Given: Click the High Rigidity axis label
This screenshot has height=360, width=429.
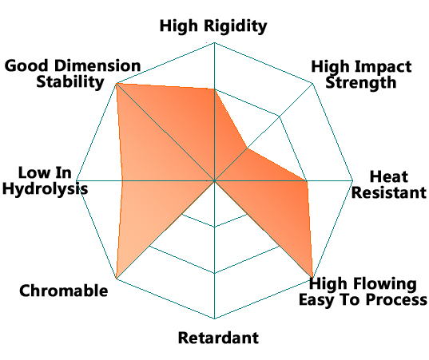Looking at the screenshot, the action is point(213,27).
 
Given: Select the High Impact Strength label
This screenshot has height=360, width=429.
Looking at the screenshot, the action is point(361,74).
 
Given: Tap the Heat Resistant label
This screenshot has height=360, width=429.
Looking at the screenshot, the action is point(389,184).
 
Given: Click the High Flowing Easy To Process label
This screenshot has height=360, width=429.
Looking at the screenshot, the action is point(363,291).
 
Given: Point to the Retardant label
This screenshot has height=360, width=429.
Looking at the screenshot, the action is point(218,338).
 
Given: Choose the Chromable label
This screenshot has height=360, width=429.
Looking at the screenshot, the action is point(63,291).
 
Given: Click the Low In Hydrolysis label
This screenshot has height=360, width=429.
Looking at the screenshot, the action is point(46,180).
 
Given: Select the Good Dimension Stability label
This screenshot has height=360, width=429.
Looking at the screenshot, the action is point(73,73).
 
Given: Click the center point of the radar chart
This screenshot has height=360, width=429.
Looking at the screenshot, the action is point(214,180).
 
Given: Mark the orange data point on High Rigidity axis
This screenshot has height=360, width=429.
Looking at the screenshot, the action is point(214,89).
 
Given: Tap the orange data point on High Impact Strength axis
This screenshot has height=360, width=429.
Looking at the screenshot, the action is point(247,148).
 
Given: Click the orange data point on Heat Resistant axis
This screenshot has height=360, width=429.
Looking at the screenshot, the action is point(307,180).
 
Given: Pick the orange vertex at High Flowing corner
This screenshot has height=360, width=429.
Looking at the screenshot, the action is point(312,279).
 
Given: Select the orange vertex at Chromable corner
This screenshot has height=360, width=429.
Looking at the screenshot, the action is point(117,279).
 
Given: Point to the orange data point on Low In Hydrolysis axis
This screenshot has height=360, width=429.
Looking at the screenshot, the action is point(122,180).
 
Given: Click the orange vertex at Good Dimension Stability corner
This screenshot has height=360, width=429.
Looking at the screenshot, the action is point(117,83).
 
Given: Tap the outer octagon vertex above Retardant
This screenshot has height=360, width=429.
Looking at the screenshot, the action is point(214,318).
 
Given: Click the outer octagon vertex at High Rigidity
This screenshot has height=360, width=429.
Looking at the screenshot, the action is point(214,42).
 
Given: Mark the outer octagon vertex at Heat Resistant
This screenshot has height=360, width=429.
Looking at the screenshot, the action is point(353,180).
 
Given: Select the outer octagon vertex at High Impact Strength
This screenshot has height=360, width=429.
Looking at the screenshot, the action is point(312,83).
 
